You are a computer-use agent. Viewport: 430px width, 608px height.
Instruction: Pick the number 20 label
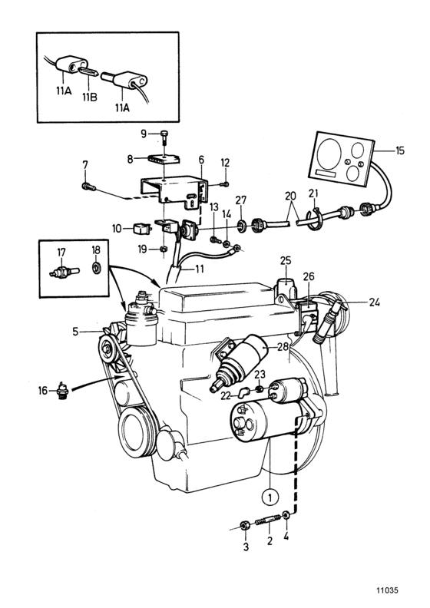click(289, 195)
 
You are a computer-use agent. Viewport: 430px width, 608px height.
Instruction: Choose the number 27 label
click(242, 201)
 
